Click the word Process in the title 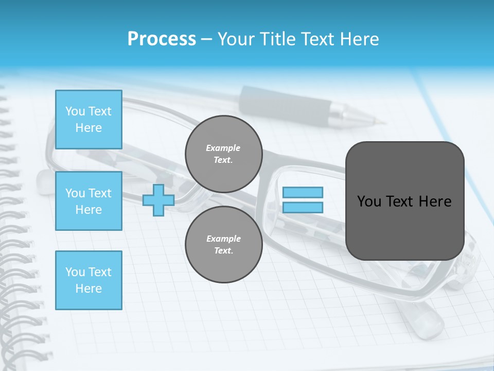pyautogui.click(x=162, y=39)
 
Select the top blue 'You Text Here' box pyautogui.click(x=89, y=120)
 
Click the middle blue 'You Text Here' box pyautogui.click(x=89, y=201)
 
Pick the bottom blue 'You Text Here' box pyautogui.click(x=89, y=280)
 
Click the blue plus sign pyautogui.click(x=158, y=200)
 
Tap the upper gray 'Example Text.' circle pyautogui.click(x=224, y=154)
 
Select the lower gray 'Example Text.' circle pyautogui.click(x=224, y=245)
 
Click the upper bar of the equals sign pyautogui.click(x=303, y=192)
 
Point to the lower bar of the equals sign pyautogui.click(x=303, y=207)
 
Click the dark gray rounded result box pyautogui.click(x=405, y=227)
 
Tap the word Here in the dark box pyautogui.click(x=435, y=201)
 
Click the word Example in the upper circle pyautogui.click(x=223, y=148)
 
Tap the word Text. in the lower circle pyautogui.click(x=223, y=251)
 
